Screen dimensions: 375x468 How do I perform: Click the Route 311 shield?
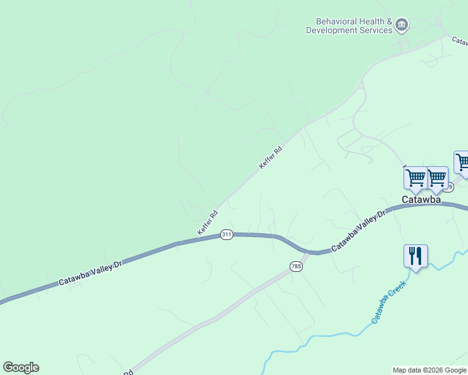coord(226,235)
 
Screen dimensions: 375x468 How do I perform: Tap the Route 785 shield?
coord(297,267)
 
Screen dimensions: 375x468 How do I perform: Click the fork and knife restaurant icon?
coord(415,256)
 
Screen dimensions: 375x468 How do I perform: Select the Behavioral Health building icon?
coord(402,26)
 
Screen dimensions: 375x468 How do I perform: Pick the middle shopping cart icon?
coord(437,178)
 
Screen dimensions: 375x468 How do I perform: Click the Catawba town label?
coord(421,200)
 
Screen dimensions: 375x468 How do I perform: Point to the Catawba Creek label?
coord(389,301)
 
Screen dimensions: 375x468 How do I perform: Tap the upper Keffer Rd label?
coord(271,157)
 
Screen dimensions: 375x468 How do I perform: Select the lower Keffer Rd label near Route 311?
coord(208,223)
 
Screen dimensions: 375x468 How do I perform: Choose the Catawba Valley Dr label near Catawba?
coord(360,231)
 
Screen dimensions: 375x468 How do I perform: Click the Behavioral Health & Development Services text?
coord(349,26)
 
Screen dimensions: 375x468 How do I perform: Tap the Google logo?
coord(21,367)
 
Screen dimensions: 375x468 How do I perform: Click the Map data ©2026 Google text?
coord(430,370)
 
